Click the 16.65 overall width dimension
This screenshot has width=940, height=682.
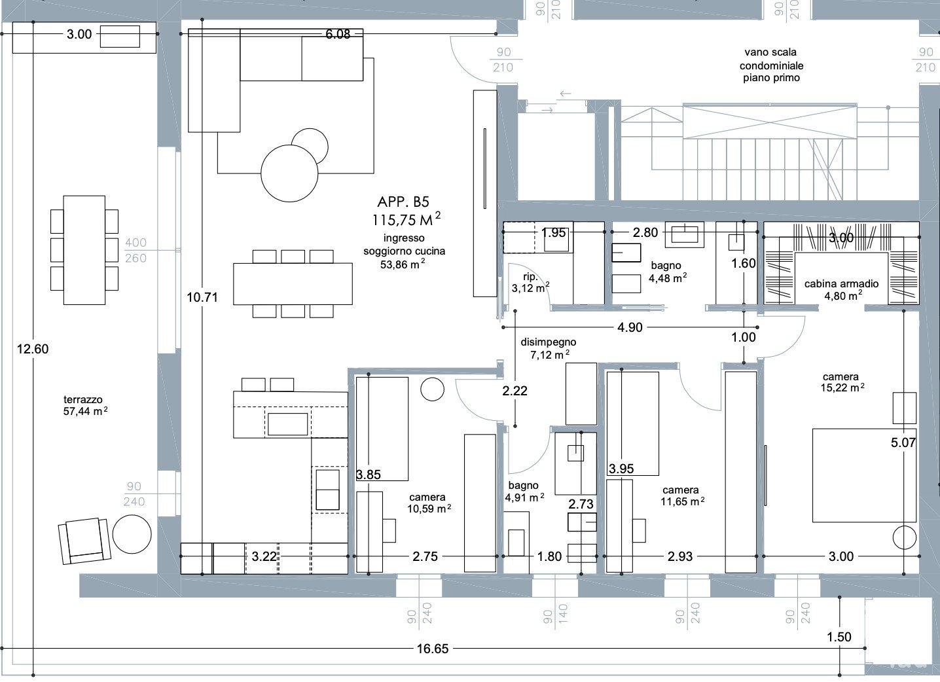point(433,649)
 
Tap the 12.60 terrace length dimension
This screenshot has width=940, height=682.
point(33,349)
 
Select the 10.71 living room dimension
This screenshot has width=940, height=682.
point(202,297)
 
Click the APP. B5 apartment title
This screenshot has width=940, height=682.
point(403,202)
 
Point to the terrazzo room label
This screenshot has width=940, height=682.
point(82,399)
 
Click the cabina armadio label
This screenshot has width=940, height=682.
point(841,283)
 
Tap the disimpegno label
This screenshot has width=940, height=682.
point(549,342)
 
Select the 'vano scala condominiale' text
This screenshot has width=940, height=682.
point(771,59)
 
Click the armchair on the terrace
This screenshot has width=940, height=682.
point(84,541)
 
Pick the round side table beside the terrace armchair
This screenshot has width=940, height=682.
point(132,534)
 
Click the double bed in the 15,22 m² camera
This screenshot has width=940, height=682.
point(865,476)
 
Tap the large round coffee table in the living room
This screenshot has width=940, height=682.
point(289,173)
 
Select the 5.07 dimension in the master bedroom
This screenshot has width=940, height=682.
point(903,442)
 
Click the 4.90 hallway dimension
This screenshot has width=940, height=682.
point(630,327)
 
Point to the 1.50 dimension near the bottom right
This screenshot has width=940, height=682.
point(839,637)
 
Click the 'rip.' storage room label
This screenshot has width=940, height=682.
point(530,277)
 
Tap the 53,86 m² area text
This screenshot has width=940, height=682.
point(403,264)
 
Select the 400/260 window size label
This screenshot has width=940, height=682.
point(136,250)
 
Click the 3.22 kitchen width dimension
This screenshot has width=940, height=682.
point(264,556)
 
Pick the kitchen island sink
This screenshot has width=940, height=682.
point(287,424)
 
